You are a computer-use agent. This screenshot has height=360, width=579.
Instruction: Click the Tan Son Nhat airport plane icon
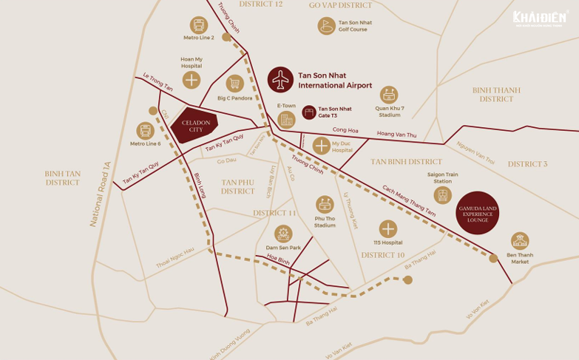click(281, 80)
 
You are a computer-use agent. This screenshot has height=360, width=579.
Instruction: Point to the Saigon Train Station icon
click(442, 195)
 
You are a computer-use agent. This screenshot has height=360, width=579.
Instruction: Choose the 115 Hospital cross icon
click(387, 228)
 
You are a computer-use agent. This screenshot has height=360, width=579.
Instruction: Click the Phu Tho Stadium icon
click(325, 204)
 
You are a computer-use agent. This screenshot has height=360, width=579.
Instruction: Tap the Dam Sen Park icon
click(283, 234)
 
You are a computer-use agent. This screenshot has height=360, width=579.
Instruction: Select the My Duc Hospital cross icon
click(321, 145)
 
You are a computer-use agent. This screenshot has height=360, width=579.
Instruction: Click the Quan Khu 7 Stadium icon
click(389, 95)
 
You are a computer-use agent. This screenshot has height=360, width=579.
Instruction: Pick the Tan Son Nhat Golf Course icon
click(326, 26)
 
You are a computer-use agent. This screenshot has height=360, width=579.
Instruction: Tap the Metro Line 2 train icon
click(198, 25)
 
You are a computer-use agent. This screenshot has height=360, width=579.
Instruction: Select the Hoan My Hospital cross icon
click(192, 80)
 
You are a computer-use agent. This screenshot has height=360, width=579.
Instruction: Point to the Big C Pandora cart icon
click(234, 83)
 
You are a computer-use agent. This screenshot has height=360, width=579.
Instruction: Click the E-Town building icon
click(286, 119)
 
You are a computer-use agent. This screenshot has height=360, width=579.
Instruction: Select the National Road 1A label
click(100, 194)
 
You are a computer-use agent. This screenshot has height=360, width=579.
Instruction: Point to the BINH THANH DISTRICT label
click(495, 95)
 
